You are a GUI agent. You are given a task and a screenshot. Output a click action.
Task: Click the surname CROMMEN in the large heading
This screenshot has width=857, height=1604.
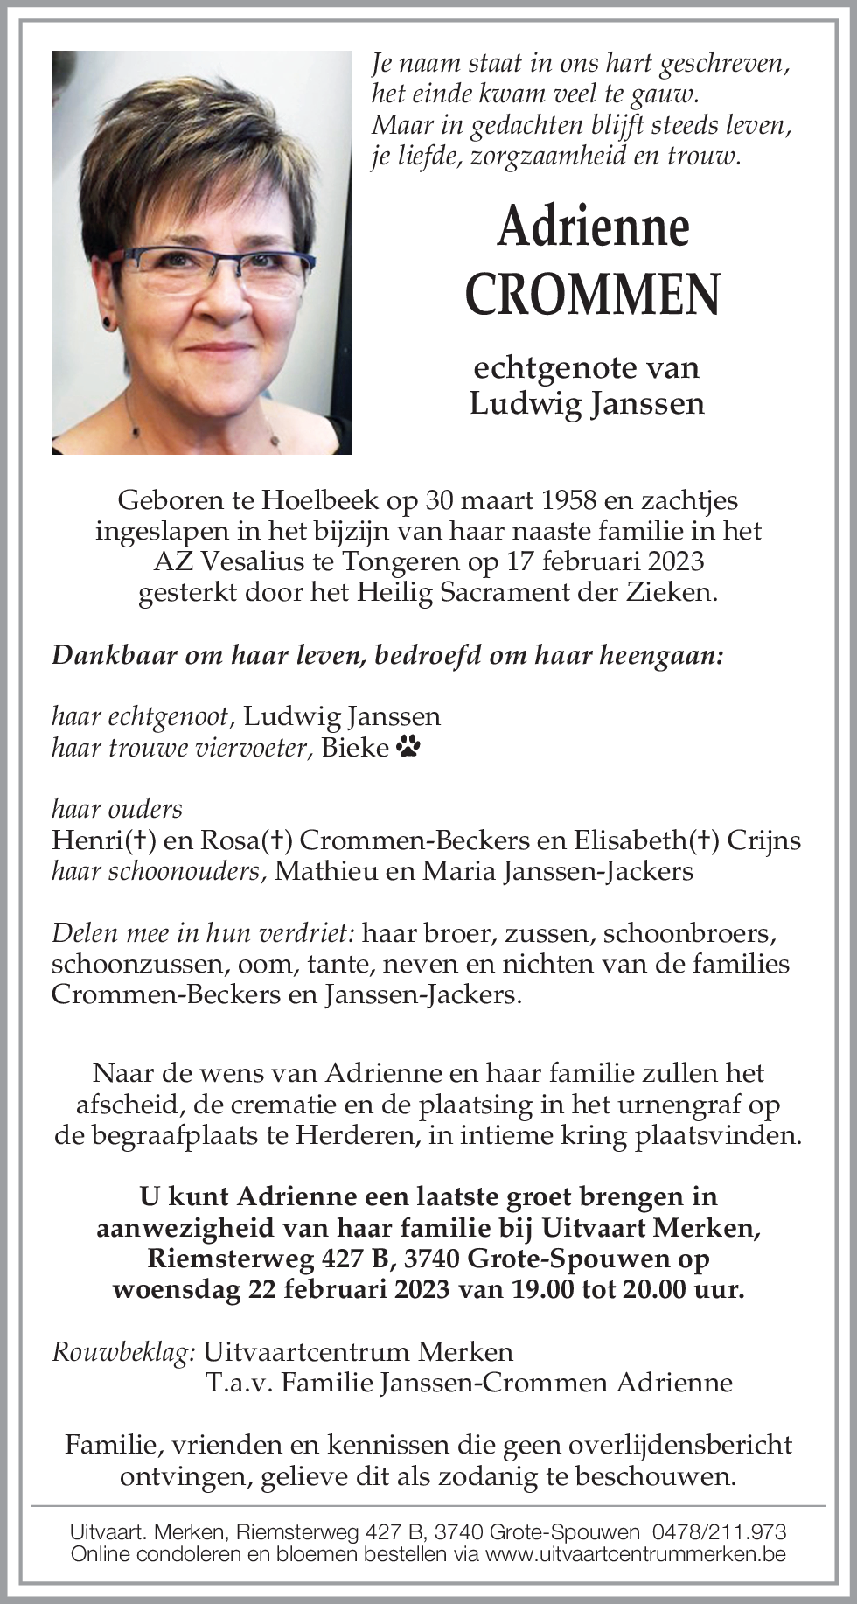click(592, 294)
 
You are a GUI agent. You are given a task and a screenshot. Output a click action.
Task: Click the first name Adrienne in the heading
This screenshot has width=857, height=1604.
click(593, 227)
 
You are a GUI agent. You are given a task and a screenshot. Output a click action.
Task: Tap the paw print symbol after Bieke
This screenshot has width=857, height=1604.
click(408, 747)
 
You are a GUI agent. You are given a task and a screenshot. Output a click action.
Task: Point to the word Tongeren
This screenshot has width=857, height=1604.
click(408, 561)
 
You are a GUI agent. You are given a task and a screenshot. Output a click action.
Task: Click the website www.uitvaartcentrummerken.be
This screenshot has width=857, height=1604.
click(635, 1554)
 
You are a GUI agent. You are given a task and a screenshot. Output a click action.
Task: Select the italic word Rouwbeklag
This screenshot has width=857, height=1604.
click(122, 1352)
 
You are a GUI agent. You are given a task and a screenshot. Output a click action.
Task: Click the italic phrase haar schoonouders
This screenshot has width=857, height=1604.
click(158, 871)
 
